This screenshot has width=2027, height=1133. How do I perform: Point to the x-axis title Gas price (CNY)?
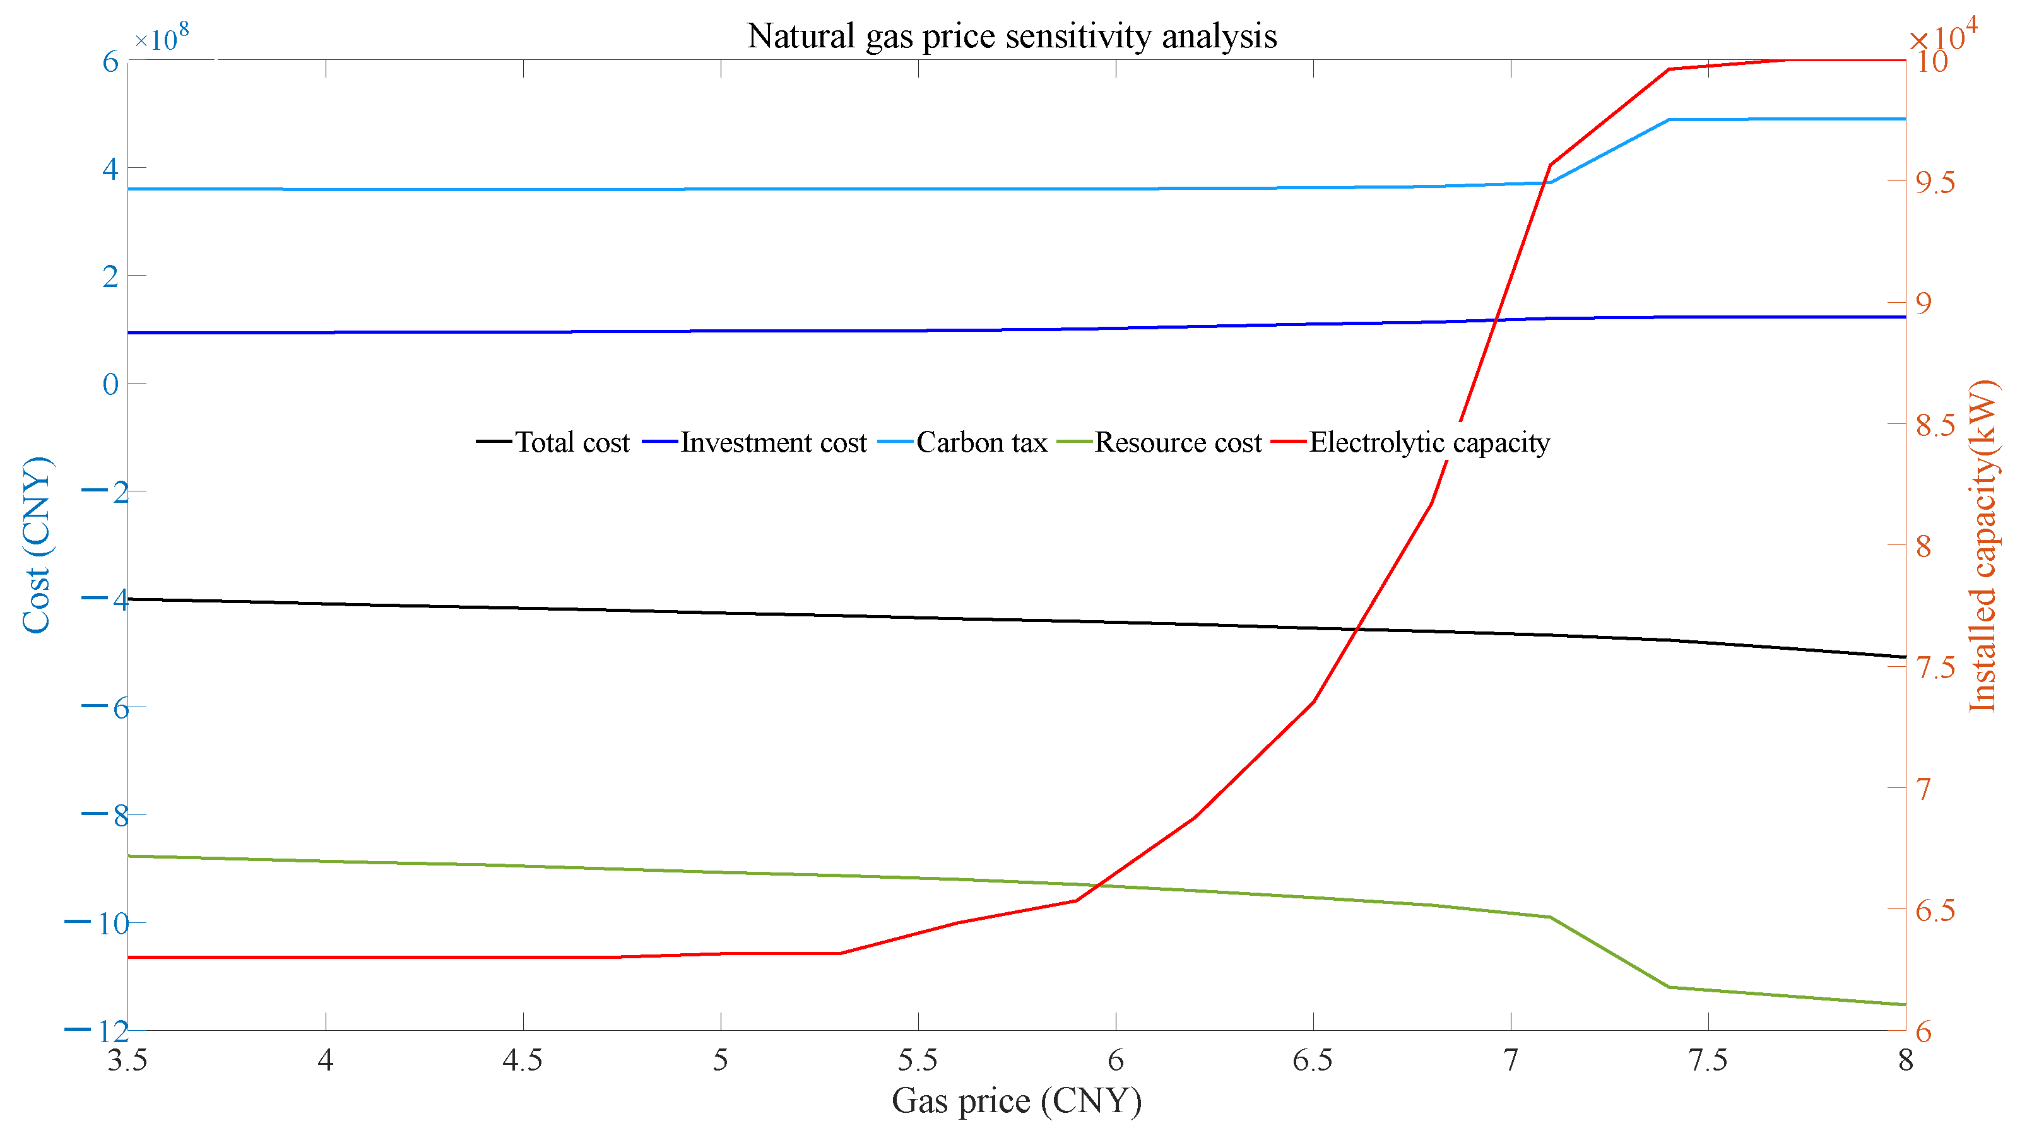click(1016, 1100)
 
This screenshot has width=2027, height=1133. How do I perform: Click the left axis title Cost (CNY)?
click(36, 544)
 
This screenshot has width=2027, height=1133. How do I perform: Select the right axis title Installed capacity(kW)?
click(1982, 544)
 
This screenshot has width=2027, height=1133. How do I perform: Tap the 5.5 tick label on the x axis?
click(918, 1060)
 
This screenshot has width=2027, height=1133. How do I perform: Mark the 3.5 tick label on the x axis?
click(127, 1060)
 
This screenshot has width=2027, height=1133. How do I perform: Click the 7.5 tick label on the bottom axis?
click(1708, 1060)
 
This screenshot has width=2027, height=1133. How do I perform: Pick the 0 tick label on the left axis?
click(110, 384)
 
